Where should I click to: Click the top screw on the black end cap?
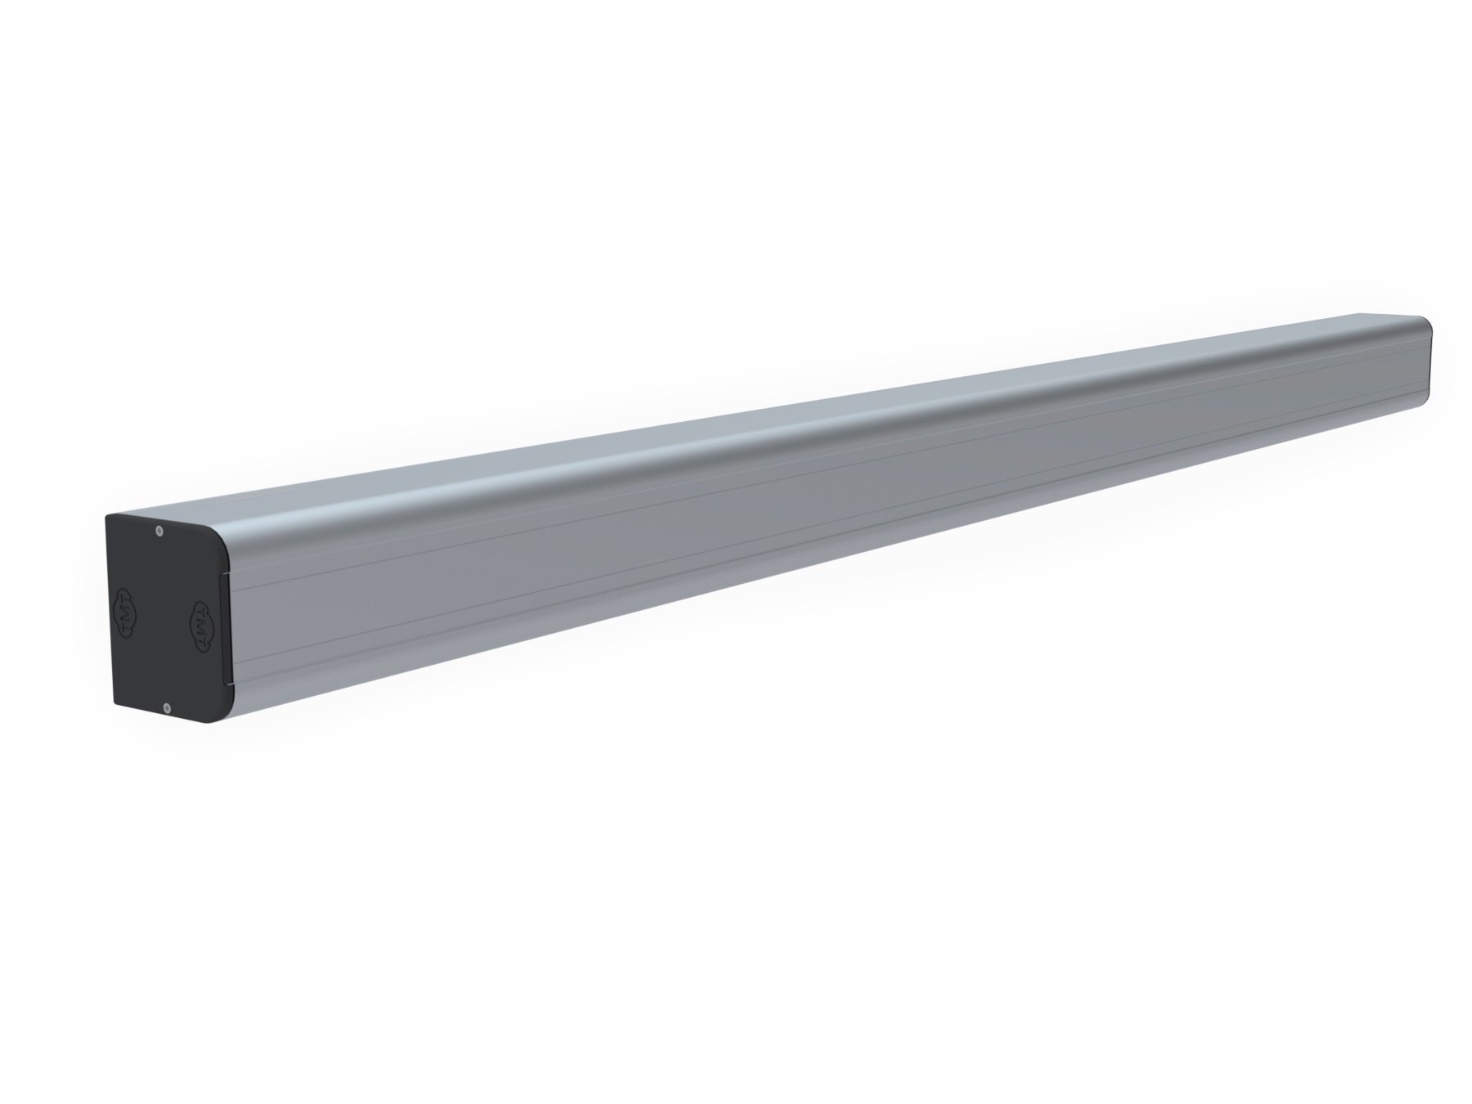159,531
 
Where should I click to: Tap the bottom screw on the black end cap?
167,707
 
